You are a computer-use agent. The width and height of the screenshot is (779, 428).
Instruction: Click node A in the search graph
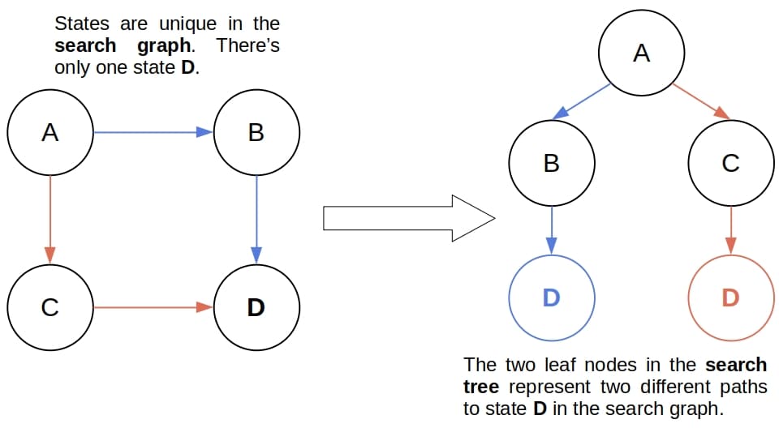[x=50, y=132]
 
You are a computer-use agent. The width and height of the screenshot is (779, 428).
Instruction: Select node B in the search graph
[x=256, y=132]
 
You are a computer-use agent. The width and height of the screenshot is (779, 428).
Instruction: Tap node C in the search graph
[x=50, y=308]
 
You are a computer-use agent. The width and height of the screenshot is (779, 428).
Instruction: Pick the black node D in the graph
[x=256, y=308]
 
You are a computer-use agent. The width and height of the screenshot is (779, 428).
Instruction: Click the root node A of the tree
[x=641, y=53]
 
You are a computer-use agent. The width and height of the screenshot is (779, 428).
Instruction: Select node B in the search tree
[x=552, y=163]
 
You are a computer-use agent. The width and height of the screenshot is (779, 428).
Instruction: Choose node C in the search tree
[x=730, y=163]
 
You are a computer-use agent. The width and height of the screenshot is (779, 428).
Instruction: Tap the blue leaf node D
[x=552, y=297]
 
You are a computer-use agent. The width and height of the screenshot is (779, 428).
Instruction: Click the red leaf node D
[x=730, y=297]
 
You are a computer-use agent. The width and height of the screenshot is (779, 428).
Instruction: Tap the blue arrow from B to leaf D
[x=552, y=230]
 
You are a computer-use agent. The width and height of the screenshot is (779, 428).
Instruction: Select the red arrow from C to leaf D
[x=730, y=230]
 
